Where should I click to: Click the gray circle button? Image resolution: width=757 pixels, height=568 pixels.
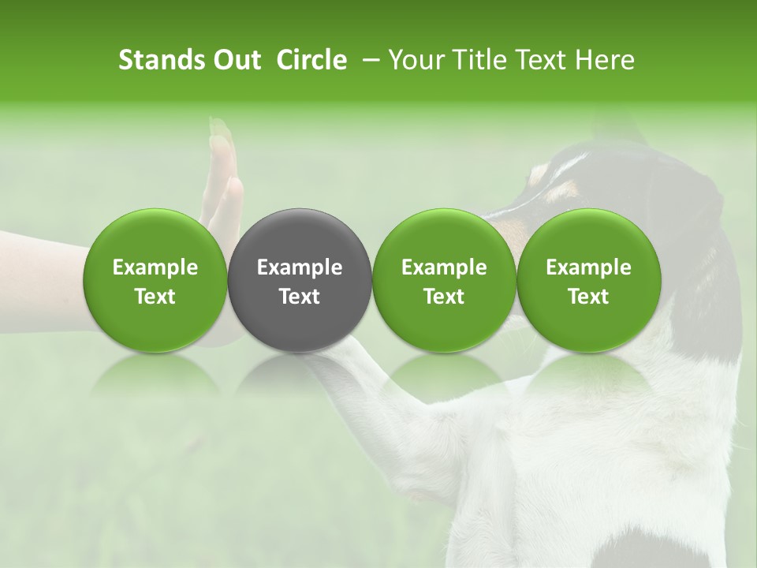pos(300,279)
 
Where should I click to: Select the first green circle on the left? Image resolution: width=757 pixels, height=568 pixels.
pos(155,279)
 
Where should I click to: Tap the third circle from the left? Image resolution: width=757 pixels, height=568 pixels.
pos(444,279)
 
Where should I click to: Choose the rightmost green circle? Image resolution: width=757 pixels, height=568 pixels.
pos(588,279)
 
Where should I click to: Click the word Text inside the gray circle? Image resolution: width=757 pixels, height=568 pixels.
pos(300,297)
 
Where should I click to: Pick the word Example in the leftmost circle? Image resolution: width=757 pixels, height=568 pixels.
pos(155,267)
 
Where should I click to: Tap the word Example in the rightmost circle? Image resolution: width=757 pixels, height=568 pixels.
pos(588,267)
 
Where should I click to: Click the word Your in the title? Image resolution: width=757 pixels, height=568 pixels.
pos(415,60)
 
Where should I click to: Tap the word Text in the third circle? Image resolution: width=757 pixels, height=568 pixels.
pos(444,297)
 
